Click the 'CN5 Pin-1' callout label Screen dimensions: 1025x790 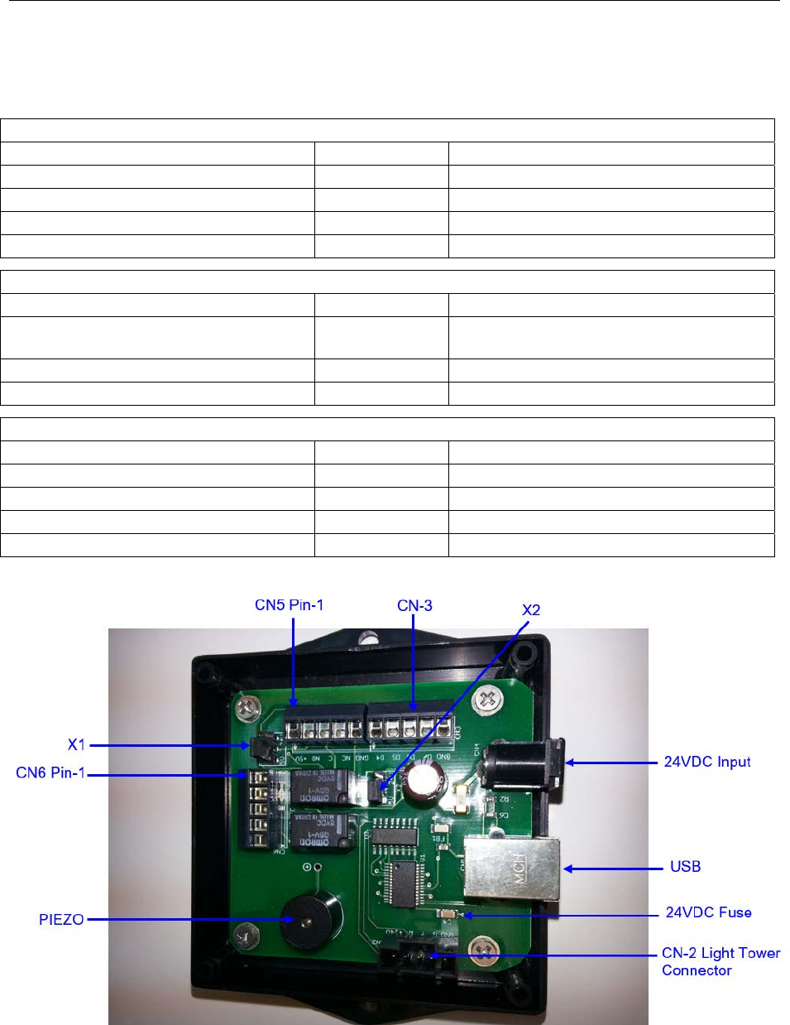[x=289, y=605]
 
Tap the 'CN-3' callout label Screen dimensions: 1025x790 [x=414, y=605]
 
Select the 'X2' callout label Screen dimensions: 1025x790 [x=531, y=610]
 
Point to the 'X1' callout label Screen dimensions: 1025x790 [x=76, y=744]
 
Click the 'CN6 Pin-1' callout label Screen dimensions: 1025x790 [x=50, y=773]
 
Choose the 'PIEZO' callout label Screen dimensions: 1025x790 [x=61, y=919]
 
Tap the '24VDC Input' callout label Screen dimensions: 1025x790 [x=707, y=762]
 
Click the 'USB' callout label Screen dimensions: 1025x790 [x=685, y=867]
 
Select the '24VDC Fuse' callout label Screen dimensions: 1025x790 [x=708, y=912]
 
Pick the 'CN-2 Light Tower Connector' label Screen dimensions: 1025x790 [x=720, y=962]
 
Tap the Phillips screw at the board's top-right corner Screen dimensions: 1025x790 [x=488, y=700]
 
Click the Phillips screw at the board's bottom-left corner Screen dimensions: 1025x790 [x=242, y=936]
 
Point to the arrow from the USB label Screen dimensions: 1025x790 [x=613, y=869]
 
